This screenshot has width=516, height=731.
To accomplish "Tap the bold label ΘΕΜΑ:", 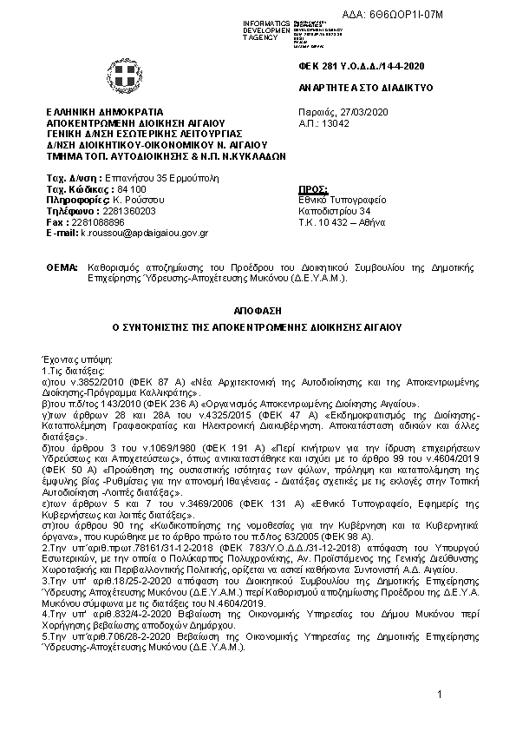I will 62,271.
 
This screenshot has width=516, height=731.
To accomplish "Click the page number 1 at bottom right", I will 441,695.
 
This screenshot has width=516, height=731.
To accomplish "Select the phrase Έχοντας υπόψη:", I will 71,359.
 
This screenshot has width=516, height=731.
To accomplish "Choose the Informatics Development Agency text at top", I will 266,29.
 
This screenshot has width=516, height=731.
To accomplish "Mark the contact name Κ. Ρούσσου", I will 138,200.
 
